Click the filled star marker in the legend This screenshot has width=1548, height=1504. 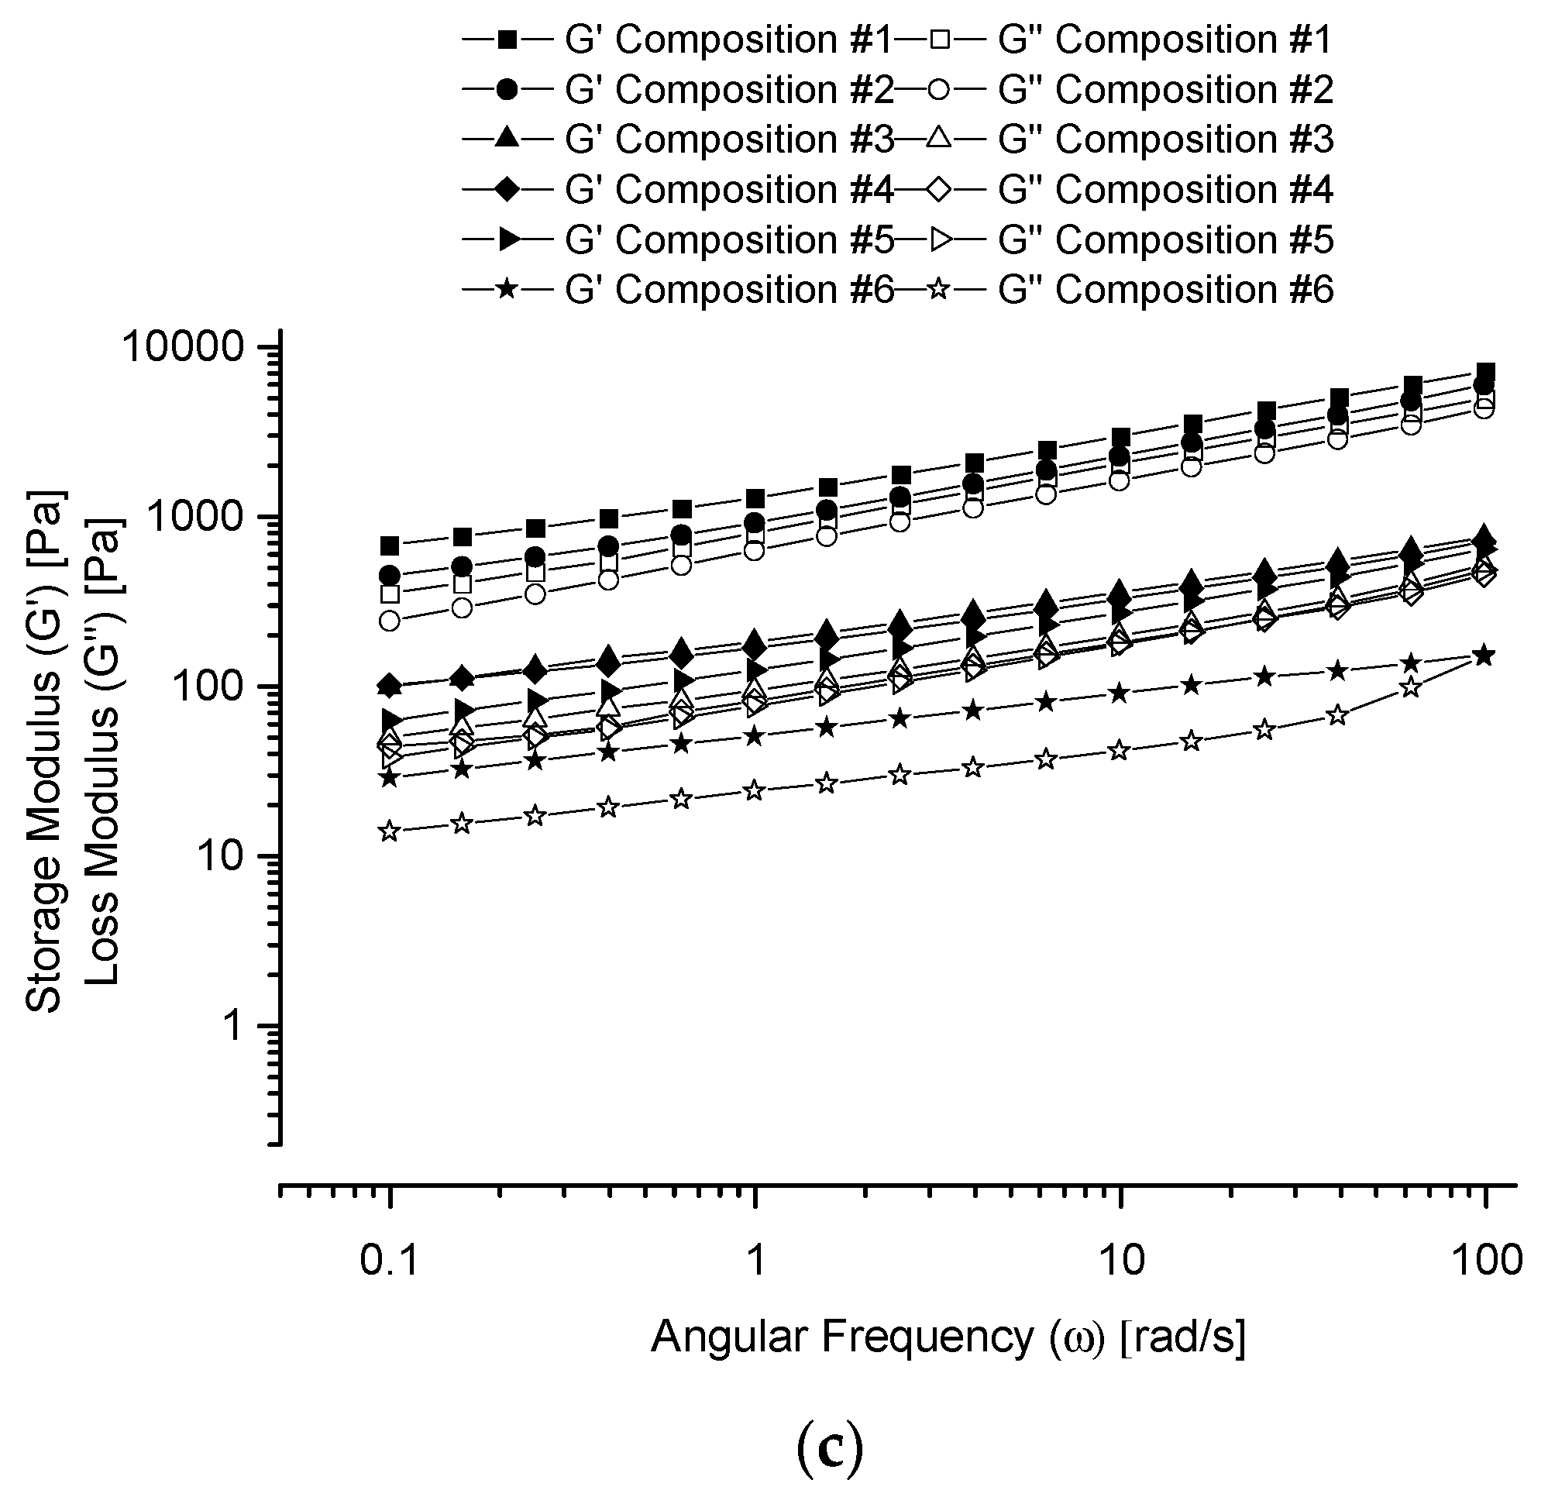tap(507, 290)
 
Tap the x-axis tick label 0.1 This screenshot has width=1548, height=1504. tap(388, 1261)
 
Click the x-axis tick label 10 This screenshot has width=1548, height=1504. tap(1121, 1261)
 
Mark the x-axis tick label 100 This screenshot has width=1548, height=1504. tap(1486, 1261)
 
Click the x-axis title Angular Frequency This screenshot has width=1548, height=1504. tap(948, 1337)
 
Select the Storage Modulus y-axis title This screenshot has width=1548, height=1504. tap(44, 750)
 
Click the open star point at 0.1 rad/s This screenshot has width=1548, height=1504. tap(389, 831)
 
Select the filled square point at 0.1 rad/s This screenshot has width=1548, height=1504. tap(390, 546)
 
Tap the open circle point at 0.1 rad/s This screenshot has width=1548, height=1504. tap(390, 621)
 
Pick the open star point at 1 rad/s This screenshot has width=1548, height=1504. tap(755, 790)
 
